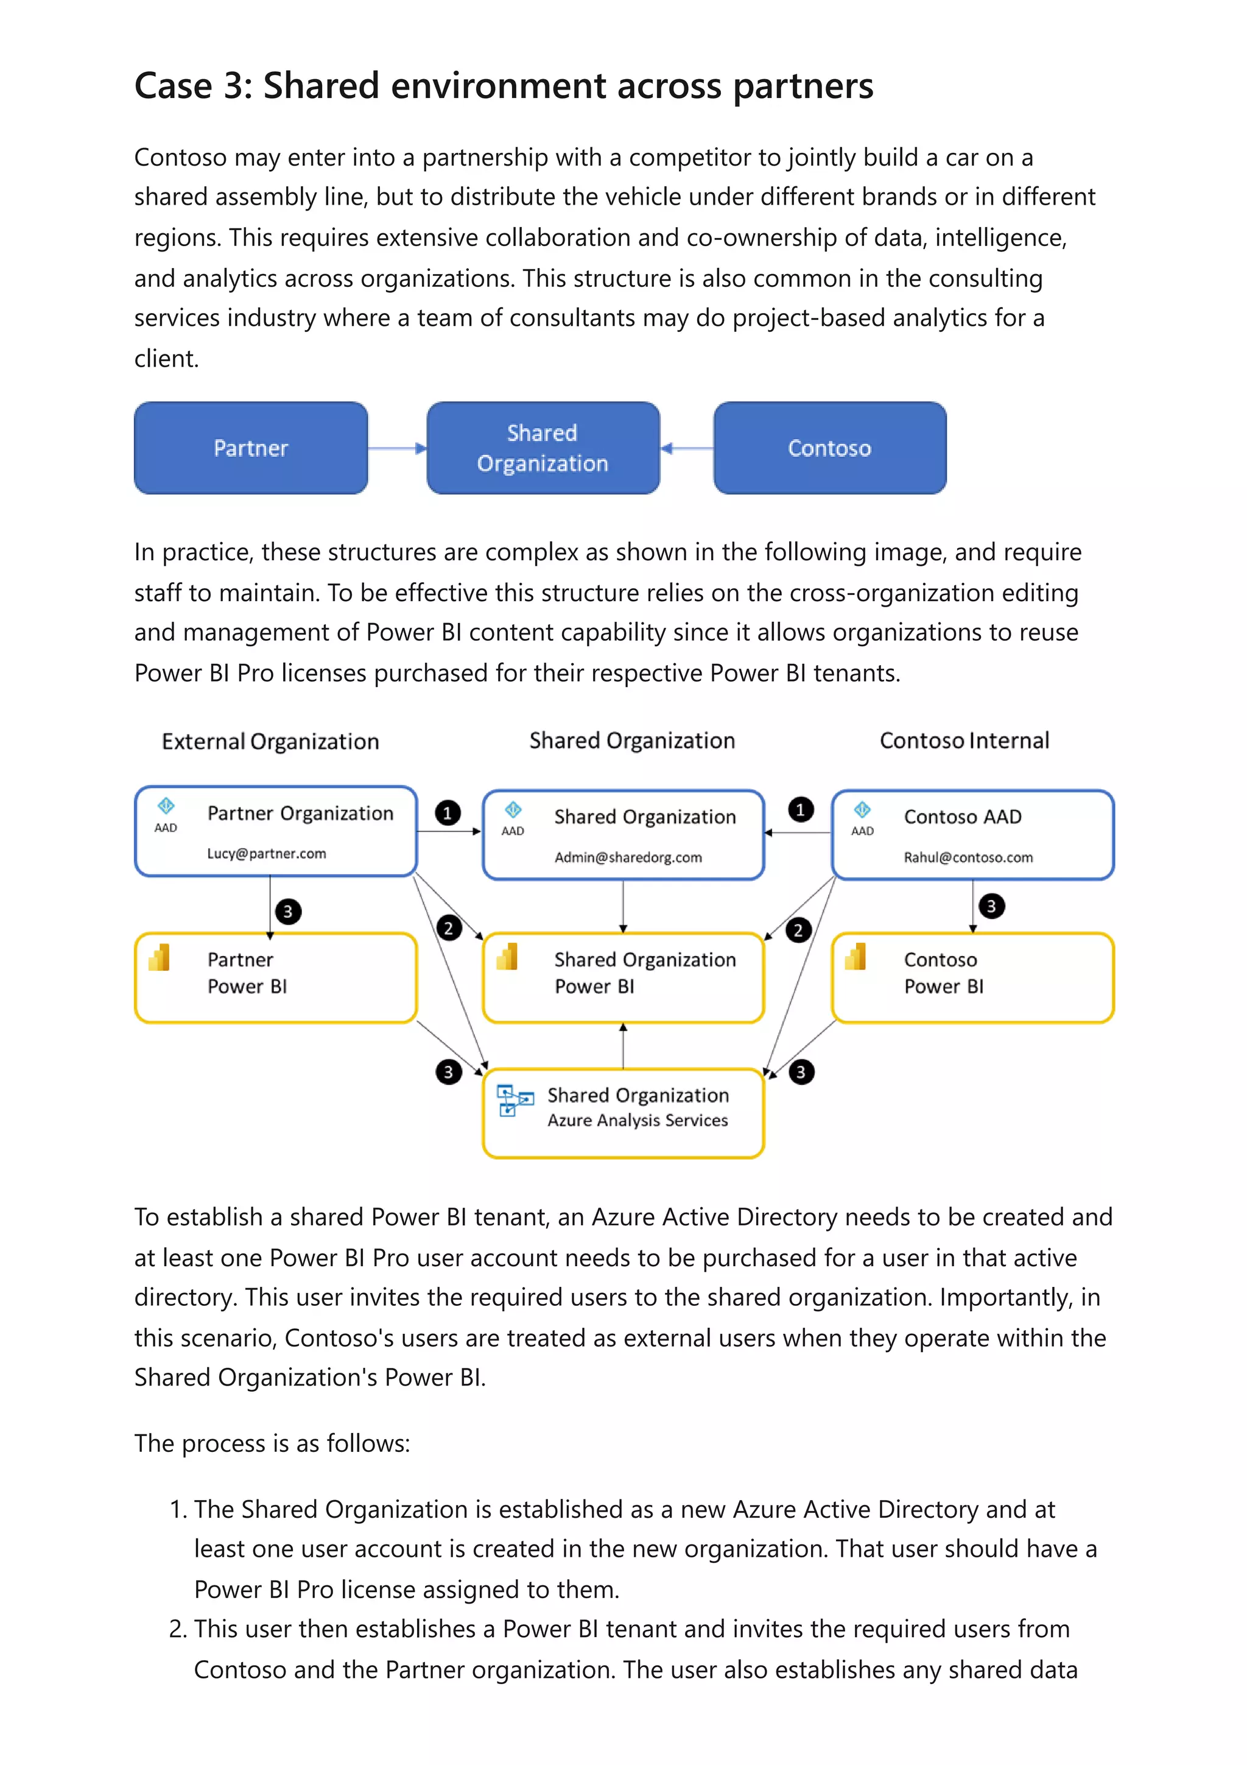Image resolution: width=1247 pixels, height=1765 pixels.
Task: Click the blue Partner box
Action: pyautogui.click(x=250, y=448)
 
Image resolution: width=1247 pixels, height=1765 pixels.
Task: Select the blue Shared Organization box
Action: pyautogui.click(x=543, y=448)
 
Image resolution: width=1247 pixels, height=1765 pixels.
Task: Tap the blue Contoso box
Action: pyautogui.click(x=829, y=448)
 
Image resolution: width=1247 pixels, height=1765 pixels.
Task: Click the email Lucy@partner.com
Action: pyautogui.click(x=266, y=853)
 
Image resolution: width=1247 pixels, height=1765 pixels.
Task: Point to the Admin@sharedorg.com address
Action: pyautogui.click(x=628, y=857)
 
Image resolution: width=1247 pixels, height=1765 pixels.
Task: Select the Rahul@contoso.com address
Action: pyautogui.click(x=968, y=857)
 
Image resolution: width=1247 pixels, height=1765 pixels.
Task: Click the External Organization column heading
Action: pyautogui.click(x=270, y=741)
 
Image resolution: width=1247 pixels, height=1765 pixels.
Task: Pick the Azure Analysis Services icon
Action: pyautogui.click(x=514, y=1100)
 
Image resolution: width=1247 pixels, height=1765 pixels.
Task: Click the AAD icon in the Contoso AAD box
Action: pyautogui.click(x=862, y=810)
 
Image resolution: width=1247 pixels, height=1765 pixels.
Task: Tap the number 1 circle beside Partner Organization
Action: pyautogui.click(x=447, y=812)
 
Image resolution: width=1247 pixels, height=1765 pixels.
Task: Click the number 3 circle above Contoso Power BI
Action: pyautogui.click(x=991, y=906)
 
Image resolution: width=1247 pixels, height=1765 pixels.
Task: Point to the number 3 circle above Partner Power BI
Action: pyautogui.click(x=287, y=912)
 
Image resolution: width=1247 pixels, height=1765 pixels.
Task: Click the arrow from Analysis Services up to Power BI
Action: pyautogui.click(x=623, y=1046)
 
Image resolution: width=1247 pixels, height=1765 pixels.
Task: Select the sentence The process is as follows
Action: pyautogui.click(x=272, y=1443)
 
